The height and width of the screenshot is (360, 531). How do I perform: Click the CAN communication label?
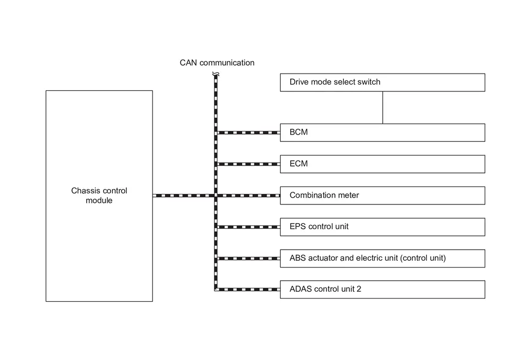point(217,63)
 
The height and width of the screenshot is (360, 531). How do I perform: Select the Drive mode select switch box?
point(382,83)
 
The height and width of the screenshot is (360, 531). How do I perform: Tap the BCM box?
point(382,132)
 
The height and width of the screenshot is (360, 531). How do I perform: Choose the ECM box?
point(382,164)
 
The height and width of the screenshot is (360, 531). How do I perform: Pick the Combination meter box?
point(382,196)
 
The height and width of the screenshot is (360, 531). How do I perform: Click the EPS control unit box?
point(382,227)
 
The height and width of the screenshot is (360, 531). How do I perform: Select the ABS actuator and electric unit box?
point(382,259)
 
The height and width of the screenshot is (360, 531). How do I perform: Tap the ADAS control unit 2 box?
point(382,290)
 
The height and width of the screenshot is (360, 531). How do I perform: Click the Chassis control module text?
point(99,196)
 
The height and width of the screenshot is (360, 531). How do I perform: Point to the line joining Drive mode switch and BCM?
point(383,107)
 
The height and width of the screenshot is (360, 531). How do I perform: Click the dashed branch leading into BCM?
point(249,132)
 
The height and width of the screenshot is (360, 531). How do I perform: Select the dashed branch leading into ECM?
point(249,164)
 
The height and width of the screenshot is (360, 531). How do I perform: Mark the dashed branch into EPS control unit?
point(249,227)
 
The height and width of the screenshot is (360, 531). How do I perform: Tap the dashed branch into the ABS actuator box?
point(249,259)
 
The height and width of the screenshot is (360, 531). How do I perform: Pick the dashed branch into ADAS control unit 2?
point(249,290)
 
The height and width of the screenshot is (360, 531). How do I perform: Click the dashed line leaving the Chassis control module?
point(183,196)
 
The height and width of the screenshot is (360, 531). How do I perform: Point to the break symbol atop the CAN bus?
point(216,74)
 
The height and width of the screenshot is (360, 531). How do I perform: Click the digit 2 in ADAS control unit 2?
point(359,289)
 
